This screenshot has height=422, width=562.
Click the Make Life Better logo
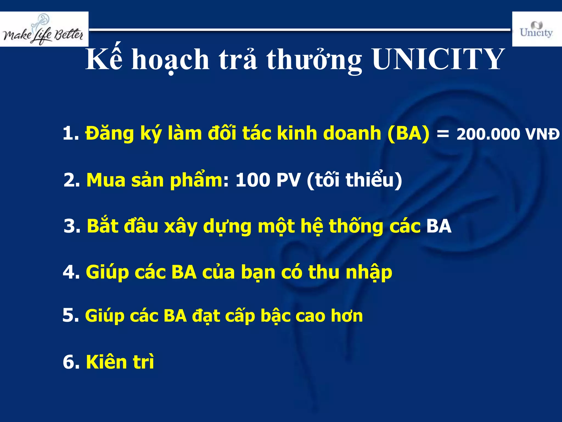click(x=44, y=29)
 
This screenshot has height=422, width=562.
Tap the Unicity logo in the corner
click(x=536, y=29)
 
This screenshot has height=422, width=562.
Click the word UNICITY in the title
click(x=438, y=59)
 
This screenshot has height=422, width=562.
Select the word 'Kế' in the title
click(x=104, y=59)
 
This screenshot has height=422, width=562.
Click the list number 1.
click(x=70, y=134)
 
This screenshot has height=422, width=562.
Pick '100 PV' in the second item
click(x=268, y=180)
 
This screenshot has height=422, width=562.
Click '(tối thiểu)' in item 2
click(x=354, y=180)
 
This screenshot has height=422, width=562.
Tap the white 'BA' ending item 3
click(x=439, y=226)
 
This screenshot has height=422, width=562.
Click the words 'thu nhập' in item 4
click(x=350, y=273)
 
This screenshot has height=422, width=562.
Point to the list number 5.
click(x=70, y=315)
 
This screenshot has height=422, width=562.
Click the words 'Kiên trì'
click(x=120, y=362)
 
